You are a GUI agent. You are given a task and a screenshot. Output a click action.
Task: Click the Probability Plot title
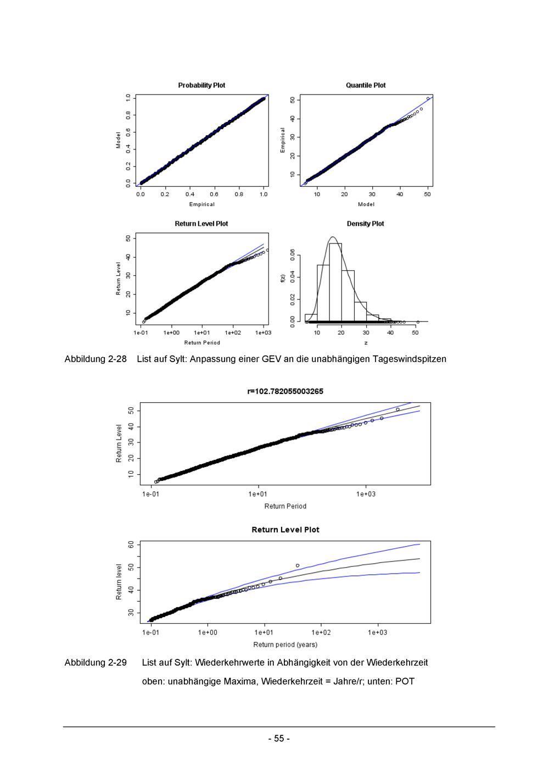201,85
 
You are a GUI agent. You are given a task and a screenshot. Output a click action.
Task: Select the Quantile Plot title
366,85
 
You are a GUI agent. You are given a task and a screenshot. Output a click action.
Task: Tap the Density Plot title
365,224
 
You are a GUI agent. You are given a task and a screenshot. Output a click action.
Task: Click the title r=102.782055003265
285,391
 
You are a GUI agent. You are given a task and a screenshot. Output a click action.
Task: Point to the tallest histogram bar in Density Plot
335,282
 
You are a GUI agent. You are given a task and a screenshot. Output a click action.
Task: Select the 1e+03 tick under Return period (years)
377,632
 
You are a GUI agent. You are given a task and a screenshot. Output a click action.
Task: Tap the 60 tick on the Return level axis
131,545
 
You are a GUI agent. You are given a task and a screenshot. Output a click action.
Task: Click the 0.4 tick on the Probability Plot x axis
189,194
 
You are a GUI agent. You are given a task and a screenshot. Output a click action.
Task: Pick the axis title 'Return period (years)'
285,645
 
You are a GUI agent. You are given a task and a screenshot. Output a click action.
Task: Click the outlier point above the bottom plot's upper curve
298,565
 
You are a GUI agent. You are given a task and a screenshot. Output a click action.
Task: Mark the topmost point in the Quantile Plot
428,98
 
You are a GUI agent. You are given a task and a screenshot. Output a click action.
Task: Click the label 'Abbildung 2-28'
95,359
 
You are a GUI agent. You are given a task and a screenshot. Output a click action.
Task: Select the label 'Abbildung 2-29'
95,662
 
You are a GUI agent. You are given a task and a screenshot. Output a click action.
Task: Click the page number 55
279,739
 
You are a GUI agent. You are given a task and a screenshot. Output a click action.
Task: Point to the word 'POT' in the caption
405,681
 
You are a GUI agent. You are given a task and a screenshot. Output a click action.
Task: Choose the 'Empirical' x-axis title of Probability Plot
201,204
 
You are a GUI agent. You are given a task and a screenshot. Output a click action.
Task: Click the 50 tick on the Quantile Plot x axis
428,194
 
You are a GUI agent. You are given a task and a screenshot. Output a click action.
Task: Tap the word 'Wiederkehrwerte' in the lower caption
227,662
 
